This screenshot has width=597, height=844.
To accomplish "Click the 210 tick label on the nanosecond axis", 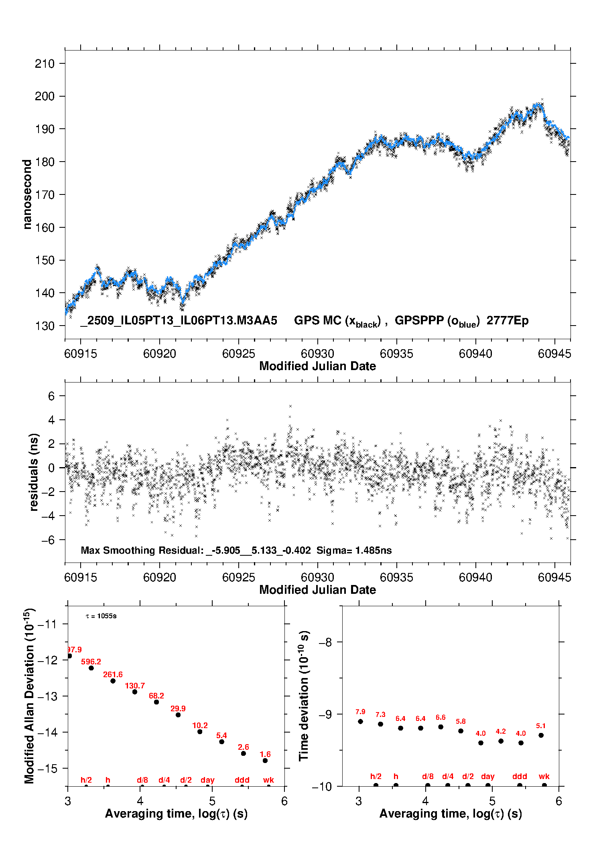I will (45, 63).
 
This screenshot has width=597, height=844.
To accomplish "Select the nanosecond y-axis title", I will (27, 194).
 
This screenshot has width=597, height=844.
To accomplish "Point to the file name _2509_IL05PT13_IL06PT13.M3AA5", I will (179, 321).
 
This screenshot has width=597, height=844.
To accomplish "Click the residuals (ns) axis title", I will (34, 472).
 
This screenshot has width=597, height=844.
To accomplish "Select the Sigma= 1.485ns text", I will (354, 550).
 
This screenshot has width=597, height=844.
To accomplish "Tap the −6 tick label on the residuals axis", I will (48, 540).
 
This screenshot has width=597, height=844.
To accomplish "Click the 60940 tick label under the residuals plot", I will (475, 577).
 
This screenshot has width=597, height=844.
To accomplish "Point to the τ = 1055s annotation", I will (101, 616).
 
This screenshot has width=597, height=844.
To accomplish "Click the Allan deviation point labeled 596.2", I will (91, 668).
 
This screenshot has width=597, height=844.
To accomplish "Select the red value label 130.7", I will (135, 686).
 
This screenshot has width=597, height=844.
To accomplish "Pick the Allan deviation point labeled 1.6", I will (265, 761).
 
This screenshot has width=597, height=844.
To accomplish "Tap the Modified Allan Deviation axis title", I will (29, 696).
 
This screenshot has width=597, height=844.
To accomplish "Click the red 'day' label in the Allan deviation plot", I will (207, 780).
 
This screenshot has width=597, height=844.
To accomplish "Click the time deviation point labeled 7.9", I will (360, 721).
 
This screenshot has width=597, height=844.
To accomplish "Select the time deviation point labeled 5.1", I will (541, 735).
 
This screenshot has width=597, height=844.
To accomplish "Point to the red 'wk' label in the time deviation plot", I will (544, 776).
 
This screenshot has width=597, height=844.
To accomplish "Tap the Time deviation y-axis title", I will (304, 696).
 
